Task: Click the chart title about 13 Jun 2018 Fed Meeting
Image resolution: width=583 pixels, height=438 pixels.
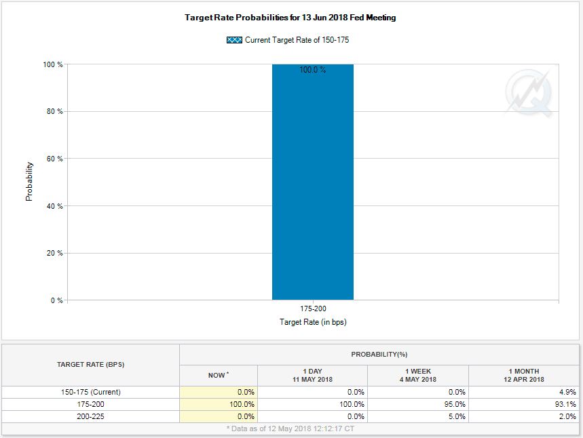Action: click(290, 18)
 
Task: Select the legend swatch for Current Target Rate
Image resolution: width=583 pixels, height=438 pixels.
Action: click(234, 40)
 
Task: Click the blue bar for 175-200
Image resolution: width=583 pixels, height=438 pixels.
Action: click(312, 190)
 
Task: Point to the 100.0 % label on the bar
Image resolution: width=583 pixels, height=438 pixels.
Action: click(312, 70)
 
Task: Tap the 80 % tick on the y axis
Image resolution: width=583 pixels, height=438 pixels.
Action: click(55, 112)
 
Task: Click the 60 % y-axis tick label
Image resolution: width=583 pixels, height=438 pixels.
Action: click(55, 159)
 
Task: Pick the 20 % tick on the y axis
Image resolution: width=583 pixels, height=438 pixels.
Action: click(55, 254)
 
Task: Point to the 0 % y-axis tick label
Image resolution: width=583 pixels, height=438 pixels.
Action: click(57, 300)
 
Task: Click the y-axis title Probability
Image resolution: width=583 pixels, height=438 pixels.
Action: click(29, 181)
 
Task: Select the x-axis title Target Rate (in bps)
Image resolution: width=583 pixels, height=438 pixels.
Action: click(313, 322)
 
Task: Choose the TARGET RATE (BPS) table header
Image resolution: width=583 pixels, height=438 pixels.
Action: click(90, 365)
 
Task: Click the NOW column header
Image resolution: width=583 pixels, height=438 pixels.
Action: click(218, 375)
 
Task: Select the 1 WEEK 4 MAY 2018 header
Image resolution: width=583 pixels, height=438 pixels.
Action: click(417, 375)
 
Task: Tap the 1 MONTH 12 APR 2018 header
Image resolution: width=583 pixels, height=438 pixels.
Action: click(524, 375)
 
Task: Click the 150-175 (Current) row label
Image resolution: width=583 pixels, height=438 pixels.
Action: click(90, 392)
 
